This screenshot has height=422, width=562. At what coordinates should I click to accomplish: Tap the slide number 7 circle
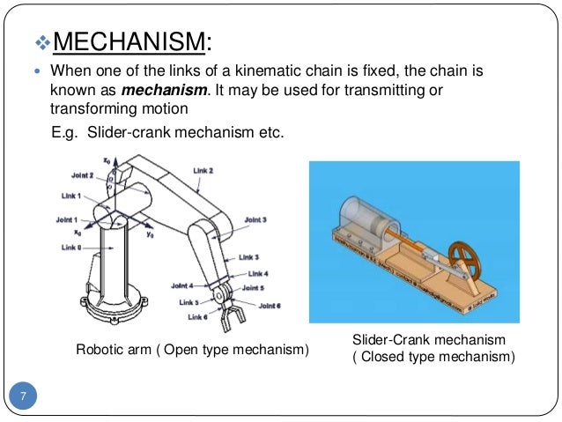point(25,396)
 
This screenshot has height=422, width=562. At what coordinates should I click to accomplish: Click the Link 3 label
point(249,257)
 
